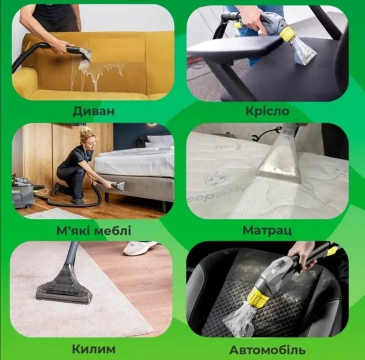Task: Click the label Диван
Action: [93, 111]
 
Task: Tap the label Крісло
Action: [267, 111]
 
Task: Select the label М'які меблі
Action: [94, 230]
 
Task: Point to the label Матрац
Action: [267, 230]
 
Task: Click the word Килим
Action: [93, 349]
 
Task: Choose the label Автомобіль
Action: [267, 350]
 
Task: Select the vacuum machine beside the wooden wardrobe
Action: [23, 191]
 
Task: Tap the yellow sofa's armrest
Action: [24, 82]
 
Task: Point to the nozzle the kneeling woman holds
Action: [118, 186]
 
